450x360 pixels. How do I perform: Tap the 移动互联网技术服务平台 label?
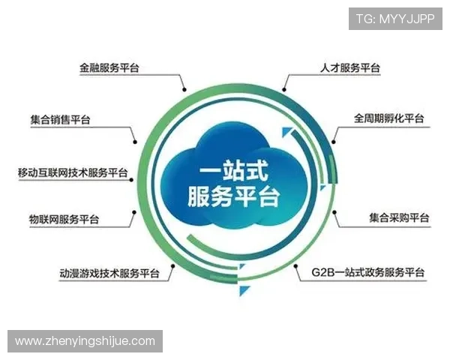[x=73, y=172]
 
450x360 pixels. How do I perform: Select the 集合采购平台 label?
[x=399, y=218]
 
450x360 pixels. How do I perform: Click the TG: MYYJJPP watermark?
[x=394, y=19]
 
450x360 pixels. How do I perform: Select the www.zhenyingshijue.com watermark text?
[x=85, y=341]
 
